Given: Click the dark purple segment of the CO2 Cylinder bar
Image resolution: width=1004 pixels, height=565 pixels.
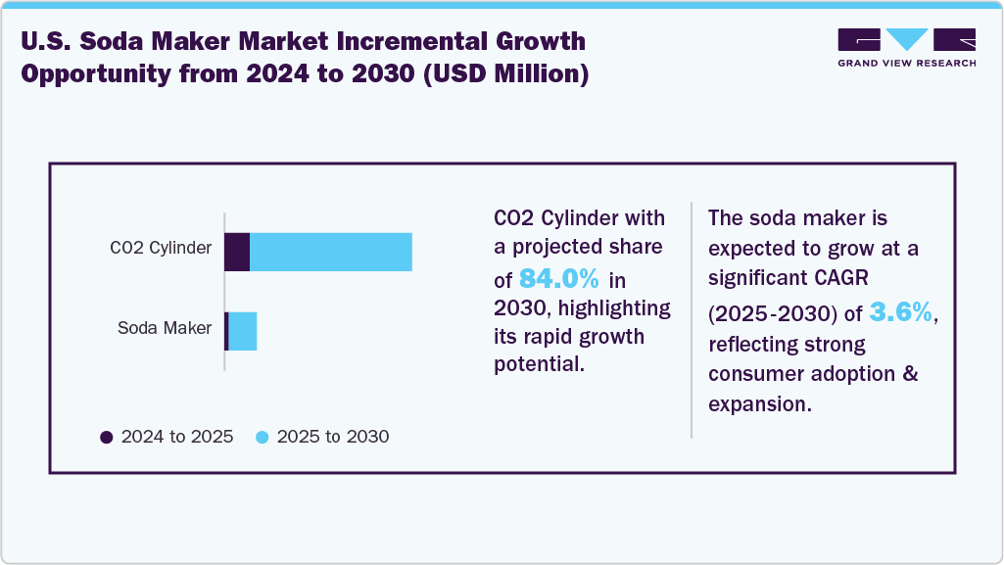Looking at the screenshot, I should tap(237, 252).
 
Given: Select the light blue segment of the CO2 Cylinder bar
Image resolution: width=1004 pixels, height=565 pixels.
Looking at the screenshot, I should tap(330, 252).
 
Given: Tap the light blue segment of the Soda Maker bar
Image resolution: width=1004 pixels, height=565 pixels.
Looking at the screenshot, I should tap(242, 331).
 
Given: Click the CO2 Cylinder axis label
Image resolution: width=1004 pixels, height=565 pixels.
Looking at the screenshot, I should tap(161, 248).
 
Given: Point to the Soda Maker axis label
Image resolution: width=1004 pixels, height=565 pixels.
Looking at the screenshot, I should tap(165, 328).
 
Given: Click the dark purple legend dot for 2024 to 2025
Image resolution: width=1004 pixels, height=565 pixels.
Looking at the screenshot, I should tap(107, 437).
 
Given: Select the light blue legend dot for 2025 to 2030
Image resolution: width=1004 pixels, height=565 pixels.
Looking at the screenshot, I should tap(263, 437).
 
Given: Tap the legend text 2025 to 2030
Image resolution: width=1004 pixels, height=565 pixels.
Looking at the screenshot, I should tap(333, 437).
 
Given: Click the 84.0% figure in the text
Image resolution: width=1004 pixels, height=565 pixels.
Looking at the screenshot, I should tap(558, 278).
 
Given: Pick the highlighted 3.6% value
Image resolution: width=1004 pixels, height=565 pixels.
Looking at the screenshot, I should tap(901, 312).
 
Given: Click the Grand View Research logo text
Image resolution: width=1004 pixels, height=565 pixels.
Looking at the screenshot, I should tap(906, 63).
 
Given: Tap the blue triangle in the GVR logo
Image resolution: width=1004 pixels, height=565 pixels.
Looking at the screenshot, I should tap(907, 39).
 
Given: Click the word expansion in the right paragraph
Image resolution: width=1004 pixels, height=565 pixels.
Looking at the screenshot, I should tap(759, 404).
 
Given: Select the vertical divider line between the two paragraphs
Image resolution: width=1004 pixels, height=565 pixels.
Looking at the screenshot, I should tap(692, 319).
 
